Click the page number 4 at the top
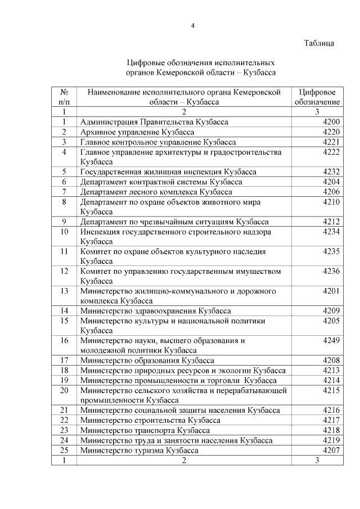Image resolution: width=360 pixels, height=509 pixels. coord(192,25)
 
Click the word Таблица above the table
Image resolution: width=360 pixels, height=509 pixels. coord(319,43)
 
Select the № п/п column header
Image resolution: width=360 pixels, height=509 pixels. coord(64,97)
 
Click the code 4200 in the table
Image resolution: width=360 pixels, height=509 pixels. coord(331,122)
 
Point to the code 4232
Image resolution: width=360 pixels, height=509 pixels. coord(331,172)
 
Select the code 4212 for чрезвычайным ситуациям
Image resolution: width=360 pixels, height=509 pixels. coord(331,222)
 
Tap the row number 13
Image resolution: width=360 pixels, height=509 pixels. coord(64,291)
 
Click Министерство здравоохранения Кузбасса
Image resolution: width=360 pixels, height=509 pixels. coord(155,310)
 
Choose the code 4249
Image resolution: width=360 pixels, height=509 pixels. coord(331,340)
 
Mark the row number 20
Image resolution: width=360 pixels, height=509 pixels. coord(64,390)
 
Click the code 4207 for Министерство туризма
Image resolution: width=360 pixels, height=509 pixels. coord(331,451)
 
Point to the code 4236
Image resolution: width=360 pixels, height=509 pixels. coord(331,271)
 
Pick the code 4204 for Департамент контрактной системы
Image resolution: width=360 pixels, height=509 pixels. coord(331,182)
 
